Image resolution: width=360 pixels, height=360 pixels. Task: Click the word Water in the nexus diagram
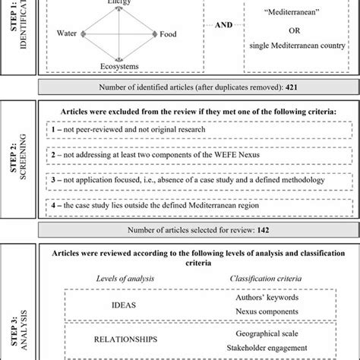(68, 34)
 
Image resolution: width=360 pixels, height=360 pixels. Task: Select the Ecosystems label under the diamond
(117, 66)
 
